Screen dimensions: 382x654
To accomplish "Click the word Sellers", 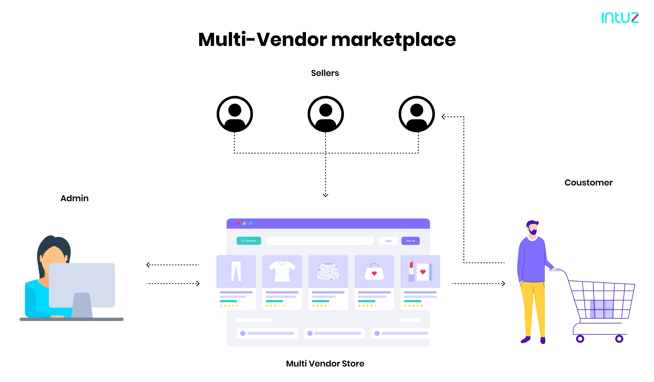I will pyautogui.click(x=325, y=73).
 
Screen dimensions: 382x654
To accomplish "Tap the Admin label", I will pyautogui.click(x=74, y=198).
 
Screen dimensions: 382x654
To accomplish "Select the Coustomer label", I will pyautogui.click(x=588, y=183).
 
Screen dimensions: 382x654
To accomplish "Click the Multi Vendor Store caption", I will pyautogui.click(x=325, y=363).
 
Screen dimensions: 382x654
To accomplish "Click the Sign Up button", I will pyautogui.click(x=410, y=241).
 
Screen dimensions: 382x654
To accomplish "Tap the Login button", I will pyautogui.click(x=388, y=241).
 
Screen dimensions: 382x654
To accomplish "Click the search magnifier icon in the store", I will pyautogui.click(x=368, y=241).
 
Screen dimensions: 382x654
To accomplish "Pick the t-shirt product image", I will pyautogui.click(x=282, y=271).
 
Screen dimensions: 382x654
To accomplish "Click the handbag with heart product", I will pyautogui.click(x=374, y=272).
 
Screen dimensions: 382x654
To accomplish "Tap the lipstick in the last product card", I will pyautogui.click(x=411, y=272).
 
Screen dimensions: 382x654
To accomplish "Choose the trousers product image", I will pyautogui.click(x=236, y=271).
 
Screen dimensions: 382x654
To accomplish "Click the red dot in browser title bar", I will pyautogui.click(x=238, y=223).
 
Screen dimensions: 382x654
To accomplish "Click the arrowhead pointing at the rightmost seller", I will pyautogui.click(x=443, y=117).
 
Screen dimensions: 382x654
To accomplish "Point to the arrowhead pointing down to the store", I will pyautogui.click(x=325, y=195).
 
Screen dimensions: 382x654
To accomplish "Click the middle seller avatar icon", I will pyautogui.click(x=325, y=114).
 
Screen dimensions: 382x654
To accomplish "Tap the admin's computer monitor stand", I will pyautogui.click(x=82, y=305).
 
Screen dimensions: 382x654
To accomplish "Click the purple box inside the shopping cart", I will pyautogui.click(x=601, y=309).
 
